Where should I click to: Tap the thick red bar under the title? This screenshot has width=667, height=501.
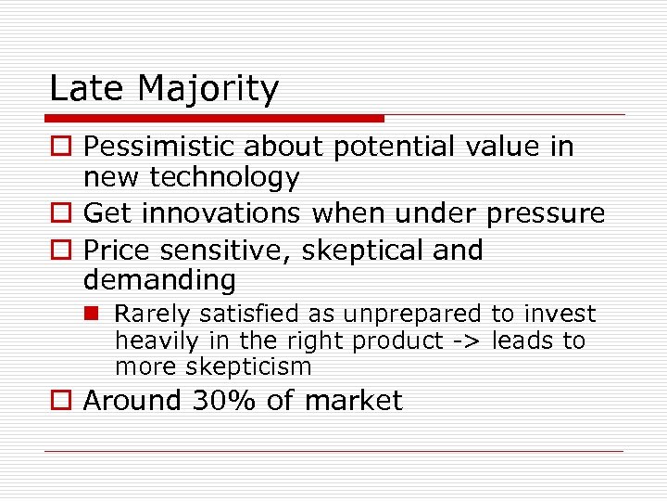(x=214, y=119)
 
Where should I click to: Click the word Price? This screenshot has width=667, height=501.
(x=114, y=250)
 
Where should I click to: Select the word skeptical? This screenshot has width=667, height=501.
(x=356, y=251)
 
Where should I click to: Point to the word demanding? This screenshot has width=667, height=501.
(x=159, y=280)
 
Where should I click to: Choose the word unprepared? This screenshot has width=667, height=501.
(x=419, y=315)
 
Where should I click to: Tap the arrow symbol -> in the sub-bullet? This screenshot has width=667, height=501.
(x=465, y=341)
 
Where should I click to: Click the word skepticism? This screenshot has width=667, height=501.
(x=248, y=367)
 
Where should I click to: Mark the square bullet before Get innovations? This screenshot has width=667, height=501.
(x=59, y=214)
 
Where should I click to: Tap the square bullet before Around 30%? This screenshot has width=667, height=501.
(x=59, y=402)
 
